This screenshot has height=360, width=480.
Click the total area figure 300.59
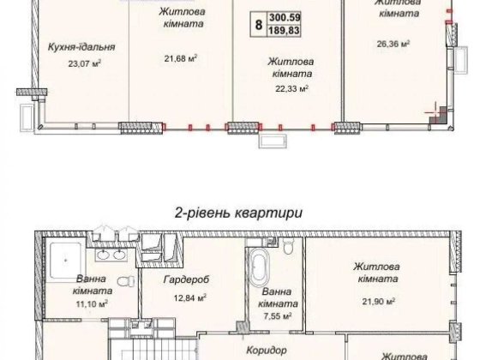(287, 16)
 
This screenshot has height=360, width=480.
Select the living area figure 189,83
(287, 31)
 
